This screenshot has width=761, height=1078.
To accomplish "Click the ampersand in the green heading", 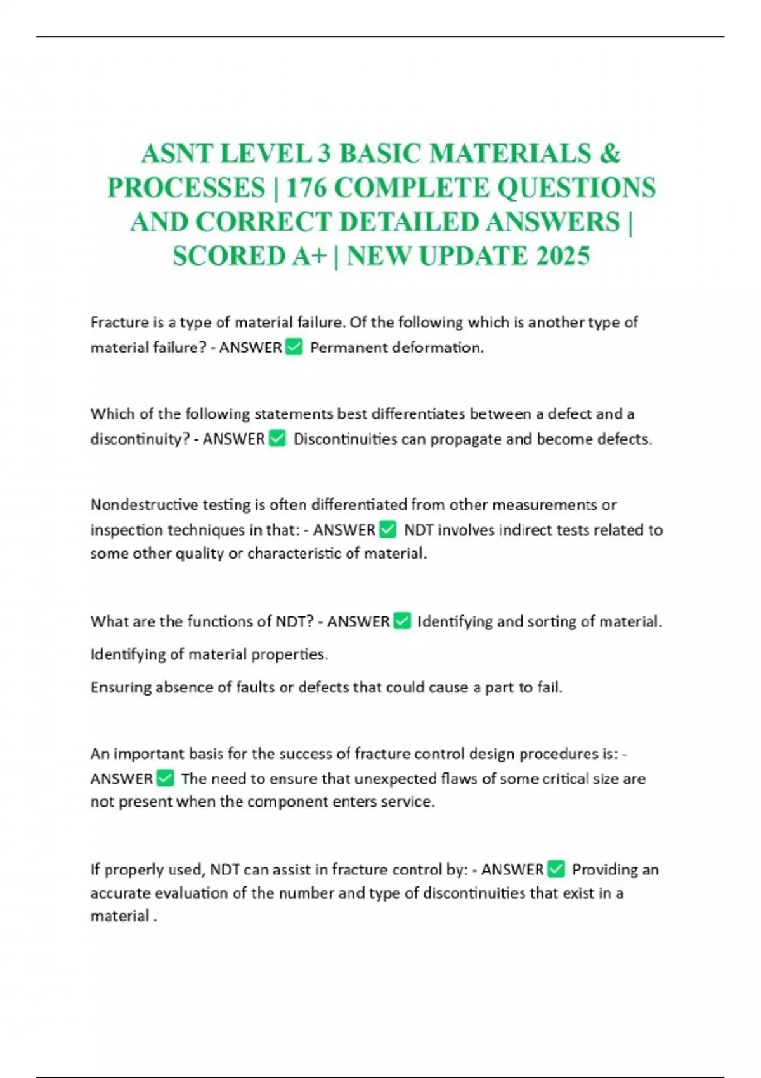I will [x=609, y=153].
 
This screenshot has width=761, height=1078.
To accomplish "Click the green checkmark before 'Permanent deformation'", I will [x=294, y=347].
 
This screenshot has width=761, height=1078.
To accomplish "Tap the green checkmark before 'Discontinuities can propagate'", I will [x=278, y=439].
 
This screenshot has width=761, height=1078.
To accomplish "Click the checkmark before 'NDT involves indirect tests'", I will [x=387, y=529].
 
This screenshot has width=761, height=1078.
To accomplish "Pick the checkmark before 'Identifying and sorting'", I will [x=402, y=621].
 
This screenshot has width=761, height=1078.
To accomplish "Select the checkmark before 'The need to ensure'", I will [x=165, y=778].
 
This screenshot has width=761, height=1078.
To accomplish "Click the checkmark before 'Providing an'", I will [x=556, y=869].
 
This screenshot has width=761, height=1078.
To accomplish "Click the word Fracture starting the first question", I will [x=119, y=322].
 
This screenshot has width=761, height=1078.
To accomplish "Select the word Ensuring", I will [x=120, y=687].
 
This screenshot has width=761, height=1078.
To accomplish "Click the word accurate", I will [x=120, y=893].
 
